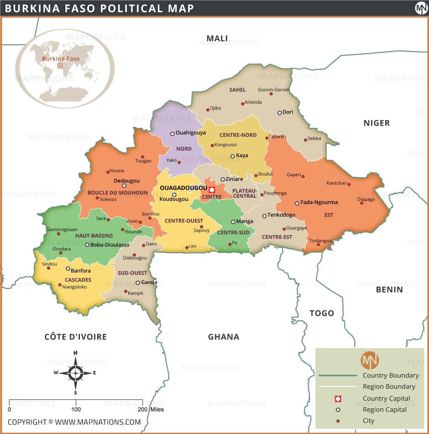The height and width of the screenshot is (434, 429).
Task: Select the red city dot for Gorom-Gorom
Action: coord(271,94)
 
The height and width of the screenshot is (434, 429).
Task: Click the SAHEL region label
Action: coord(238,90)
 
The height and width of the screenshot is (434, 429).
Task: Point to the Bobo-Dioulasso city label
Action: coord(110,245)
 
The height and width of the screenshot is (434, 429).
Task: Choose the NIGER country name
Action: coord(377,123)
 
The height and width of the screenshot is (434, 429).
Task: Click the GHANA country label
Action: coord(224,337)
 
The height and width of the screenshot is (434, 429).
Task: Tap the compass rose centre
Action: coord(75,372)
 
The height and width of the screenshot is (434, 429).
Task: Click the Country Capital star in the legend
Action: coord(338,399)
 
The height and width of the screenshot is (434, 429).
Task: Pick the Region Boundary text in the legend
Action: coord(389,386)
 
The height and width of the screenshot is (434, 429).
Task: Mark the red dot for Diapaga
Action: coord(362,203)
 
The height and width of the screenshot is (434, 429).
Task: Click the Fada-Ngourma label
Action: coord(319,202)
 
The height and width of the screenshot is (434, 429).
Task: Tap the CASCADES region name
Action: coord(78,280)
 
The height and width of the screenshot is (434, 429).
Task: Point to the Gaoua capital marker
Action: coord(138,283)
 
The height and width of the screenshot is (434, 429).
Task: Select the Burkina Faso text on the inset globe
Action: coord(61,59)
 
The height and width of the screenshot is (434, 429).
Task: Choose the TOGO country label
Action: coord(322,313)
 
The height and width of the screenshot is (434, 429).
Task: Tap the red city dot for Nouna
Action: coord(108,172)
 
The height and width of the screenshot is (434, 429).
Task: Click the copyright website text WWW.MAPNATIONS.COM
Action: coord(98,422)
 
